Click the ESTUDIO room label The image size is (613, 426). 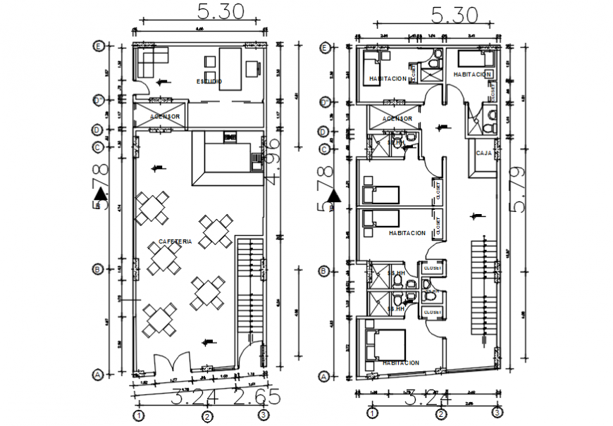pyautogui.click(x=209, y=82)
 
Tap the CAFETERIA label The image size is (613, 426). pyautogui.click(x=175, y=242)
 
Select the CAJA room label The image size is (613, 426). pyautogui.click(x=483, y=153)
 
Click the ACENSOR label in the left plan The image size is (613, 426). pyautogui.click(x=165, y=116)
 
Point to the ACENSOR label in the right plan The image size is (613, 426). pyautogui.click(x=397, y=118)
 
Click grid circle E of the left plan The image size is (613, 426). pyautogui.click(x=99, y=46)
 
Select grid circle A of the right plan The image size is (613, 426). pyautogui.click(x=324, y=377)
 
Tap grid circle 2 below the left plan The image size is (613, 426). pyautogui.click(x=207, y=416)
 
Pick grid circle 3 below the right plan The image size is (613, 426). pyautogui.click(x=497, y=413)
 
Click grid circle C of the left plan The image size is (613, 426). pyautogui.click(x=99, y=147)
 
